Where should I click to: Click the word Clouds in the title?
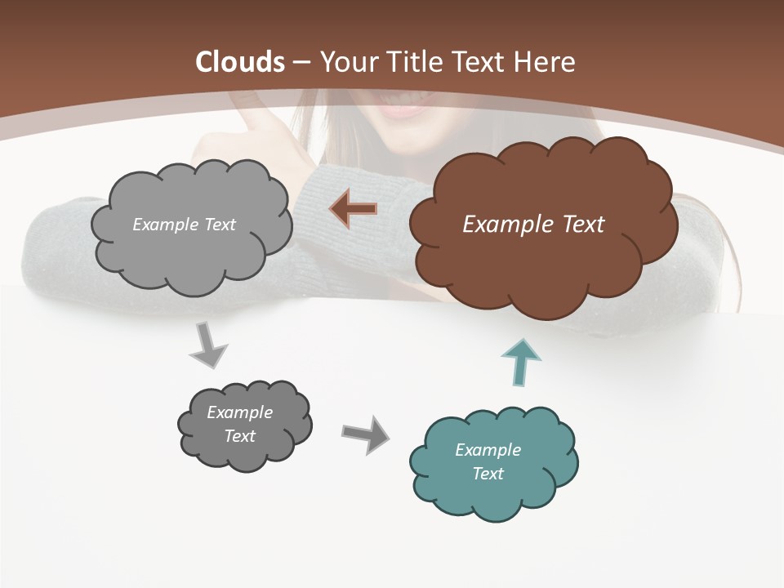click(x=240, y=62)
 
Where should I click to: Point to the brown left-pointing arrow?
click(x=353, y=209)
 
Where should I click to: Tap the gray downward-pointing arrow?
click(x=208, y=345)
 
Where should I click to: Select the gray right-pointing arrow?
click(x=365, y=434)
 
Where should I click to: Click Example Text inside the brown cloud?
click(x=533, y=225)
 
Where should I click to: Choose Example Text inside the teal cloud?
click(x=488, y=461)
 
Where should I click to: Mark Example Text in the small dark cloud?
click(x=239, y=424)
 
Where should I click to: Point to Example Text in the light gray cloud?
click(x=184, y=225)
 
